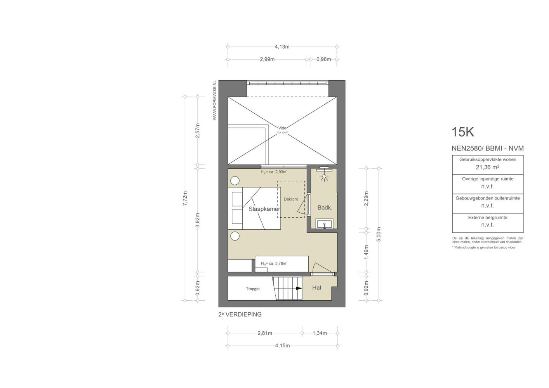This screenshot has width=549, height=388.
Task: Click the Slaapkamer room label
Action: click(264, 209)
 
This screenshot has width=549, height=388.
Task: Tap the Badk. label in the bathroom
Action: click(325, 208)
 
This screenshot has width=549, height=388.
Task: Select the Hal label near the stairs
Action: click(316, 288)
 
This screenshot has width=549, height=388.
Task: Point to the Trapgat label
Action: click(253, 289)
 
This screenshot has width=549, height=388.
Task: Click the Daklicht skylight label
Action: click(291, 199)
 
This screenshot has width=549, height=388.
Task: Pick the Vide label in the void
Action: click(282, 128)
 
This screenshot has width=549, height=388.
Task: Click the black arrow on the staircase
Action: click(299, 288)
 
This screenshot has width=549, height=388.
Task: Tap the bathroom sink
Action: click(324, 223)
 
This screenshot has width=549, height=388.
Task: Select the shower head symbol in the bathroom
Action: click(324, 177)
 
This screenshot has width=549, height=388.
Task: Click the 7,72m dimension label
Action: click(185, 198)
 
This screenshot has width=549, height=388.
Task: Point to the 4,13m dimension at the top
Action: click(282, 47)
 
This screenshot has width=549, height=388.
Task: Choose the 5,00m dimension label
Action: click(379, 234)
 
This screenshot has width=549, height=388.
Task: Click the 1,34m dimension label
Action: click(320, 333)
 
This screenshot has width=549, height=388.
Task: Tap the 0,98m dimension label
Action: click(323, 59)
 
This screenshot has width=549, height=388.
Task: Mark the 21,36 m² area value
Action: click(488, 167)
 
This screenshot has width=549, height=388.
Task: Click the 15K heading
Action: click(463, 132)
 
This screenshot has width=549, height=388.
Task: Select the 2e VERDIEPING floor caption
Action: click(240, 315)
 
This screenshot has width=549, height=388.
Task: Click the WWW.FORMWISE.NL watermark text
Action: click(214, 100)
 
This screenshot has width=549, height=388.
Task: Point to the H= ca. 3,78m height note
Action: click(274, 263)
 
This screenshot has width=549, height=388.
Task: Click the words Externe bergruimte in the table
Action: click(488, 218)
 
